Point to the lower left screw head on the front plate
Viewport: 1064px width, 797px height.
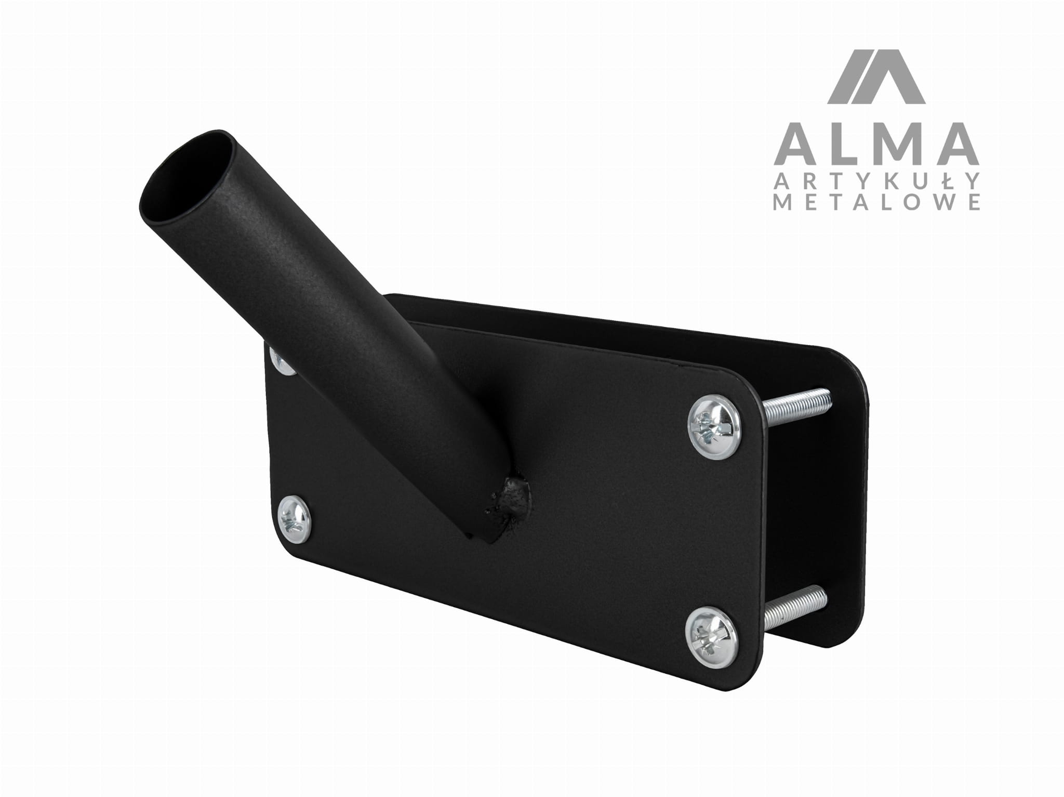tap(295, 520)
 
